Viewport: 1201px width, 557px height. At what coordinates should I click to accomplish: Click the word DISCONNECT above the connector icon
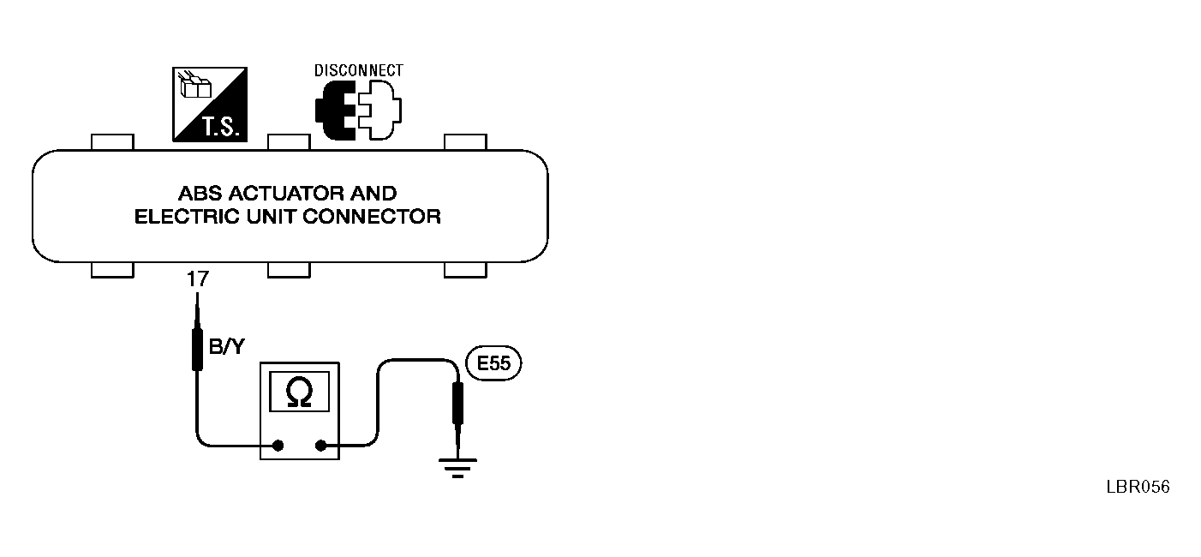coord(358,70)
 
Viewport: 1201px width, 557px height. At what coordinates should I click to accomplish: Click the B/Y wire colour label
coord(225,347)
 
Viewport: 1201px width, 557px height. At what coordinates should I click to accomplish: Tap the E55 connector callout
coord(493,364)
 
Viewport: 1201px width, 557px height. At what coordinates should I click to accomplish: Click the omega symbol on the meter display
coord(300,392)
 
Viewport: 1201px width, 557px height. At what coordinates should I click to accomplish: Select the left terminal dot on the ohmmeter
coord(278,446)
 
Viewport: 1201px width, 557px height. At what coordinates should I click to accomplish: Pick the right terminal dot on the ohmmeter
coord(321,446)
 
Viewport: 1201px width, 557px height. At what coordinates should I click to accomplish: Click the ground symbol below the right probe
coord(457,468)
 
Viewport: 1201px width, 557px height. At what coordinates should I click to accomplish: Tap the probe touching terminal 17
coord(197,343)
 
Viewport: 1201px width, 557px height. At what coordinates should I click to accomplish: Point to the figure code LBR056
coord(1138,487)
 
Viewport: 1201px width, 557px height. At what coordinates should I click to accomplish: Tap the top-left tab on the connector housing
coord(112,141)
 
